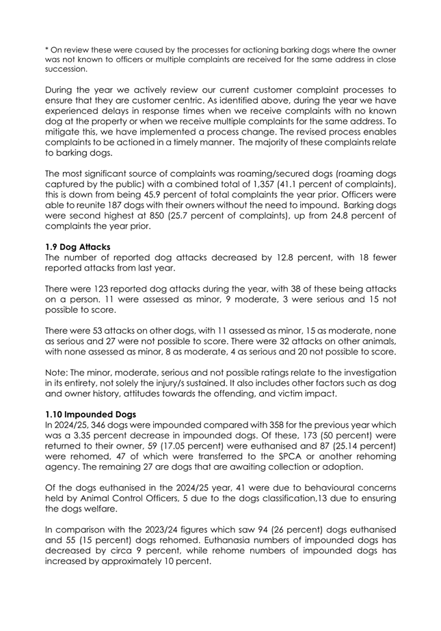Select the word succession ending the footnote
[x=51, y=69]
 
